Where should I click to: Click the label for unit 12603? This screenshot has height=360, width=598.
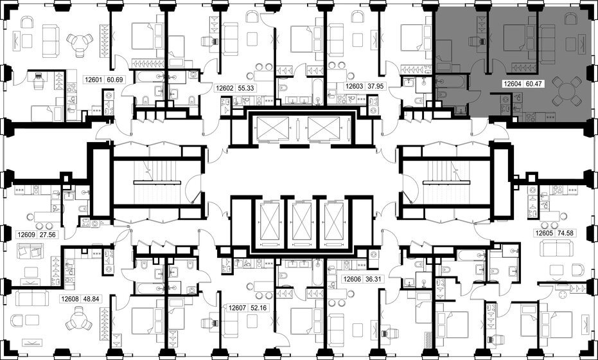point(355,86)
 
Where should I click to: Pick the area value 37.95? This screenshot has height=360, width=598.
point(376,86)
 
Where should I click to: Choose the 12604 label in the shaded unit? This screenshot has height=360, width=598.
point(512,84)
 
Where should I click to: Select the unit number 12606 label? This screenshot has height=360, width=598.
point(352,280)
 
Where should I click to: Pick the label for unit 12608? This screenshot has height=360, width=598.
point(70,299)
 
